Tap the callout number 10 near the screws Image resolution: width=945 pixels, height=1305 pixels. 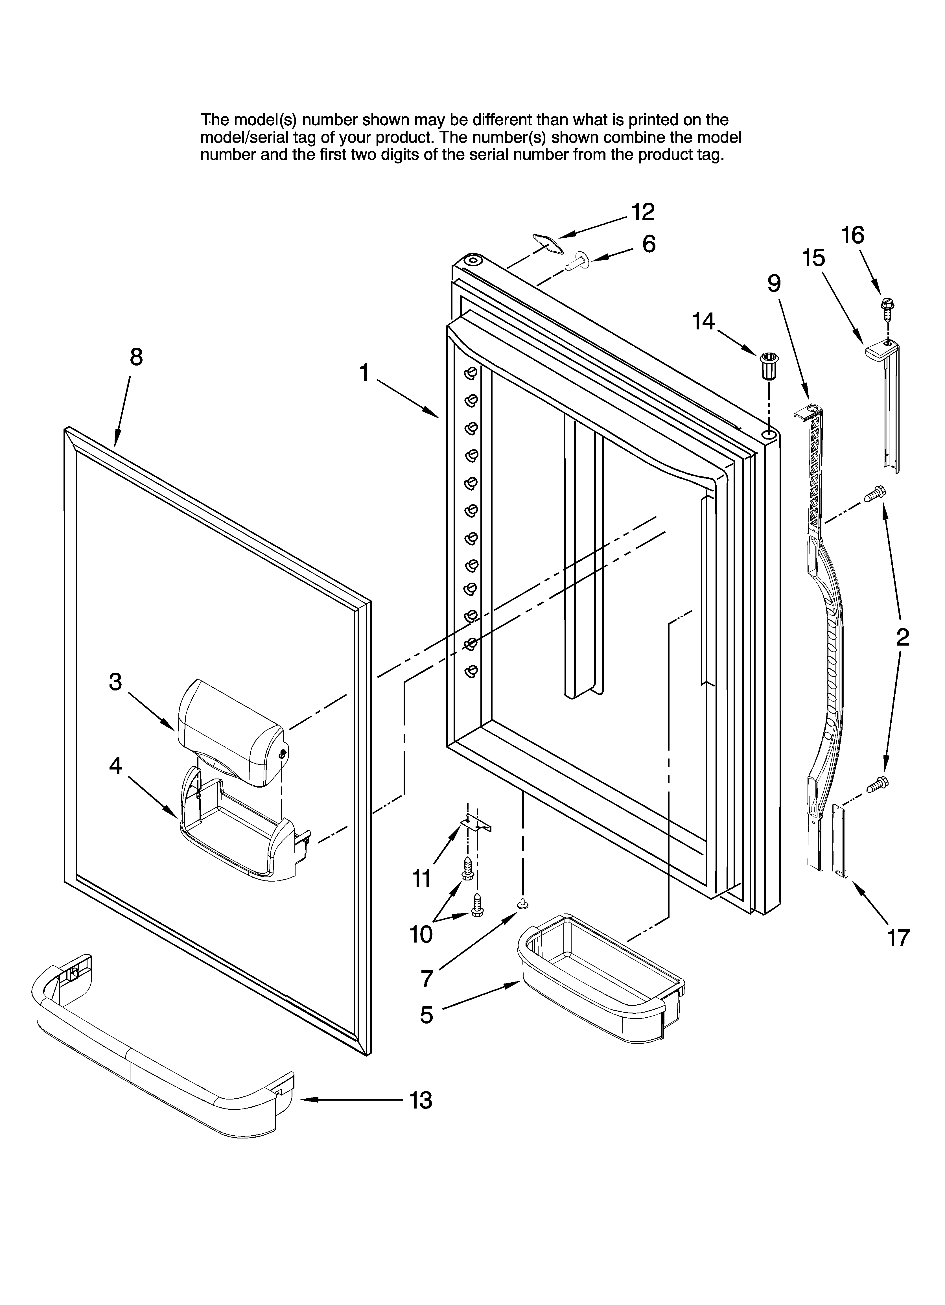pyautogui.click(x=421, y=935)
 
